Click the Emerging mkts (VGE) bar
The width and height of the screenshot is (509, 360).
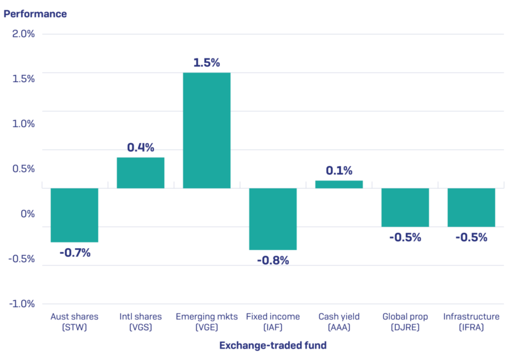point(207,130)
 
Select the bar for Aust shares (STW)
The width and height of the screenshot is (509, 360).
point(74,215)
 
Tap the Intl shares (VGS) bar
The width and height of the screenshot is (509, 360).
point(141,172)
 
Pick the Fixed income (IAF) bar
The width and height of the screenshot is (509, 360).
point(273,219)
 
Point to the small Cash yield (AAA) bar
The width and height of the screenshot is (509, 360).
point(339,184)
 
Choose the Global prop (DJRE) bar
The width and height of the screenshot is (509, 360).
point(405,207)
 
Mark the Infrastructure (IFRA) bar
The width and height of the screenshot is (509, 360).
point(471,207)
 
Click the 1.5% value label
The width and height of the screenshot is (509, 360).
point(207,63)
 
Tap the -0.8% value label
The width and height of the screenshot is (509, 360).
point(273,260)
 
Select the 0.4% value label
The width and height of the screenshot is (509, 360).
point(141,148)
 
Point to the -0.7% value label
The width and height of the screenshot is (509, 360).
point(75,253)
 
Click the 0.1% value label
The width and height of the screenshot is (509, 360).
point(339,170)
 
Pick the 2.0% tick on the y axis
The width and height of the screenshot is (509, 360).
point(24,34)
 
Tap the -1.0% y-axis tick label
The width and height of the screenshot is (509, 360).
point(22,303)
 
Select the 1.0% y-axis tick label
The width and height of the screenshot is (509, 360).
point(24,123)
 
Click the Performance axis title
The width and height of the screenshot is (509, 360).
point(35,13)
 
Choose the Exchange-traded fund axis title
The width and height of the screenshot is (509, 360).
point(273,345)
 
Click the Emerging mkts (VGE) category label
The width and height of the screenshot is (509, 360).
point(207,322)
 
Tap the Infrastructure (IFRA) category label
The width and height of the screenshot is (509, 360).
point(471,322)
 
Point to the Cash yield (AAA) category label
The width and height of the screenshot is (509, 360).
point(339,322)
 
